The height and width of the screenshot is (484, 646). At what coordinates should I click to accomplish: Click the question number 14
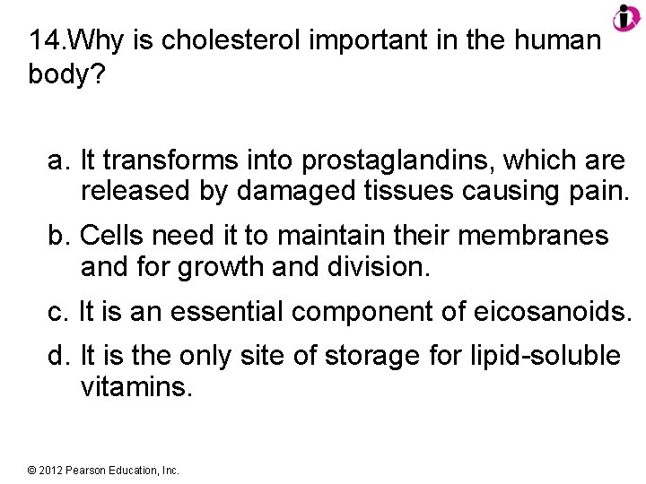coord(46,41)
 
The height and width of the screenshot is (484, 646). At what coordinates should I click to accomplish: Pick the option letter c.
coord(58,312)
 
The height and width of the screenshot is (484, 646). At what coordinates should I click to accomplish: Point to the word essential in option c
coord(226,312)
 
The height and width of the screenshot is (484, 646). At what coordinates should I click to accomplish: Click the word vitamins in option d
coord(136,387)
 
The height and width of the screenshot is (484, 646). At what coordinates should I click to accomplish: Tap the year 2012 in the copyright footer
coord(50,470)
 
